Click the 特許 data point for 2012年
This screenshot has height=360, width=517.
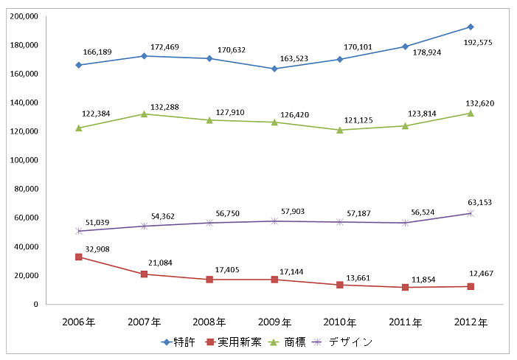(x=471, y=27)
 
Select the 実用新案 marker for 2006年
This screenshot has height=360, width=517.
(x=79, y=257)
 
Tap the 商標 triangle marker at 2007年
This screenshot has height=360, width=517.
(x=145, y=114)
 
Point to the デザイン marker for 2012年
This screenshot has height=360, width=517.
(x=471, y=213)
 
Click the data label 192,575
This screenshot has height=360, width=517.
(x=479, y=43)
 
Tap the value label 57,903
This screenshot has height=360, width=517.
(x=294, y=212)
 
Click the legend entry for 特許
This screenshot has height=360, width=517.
(x=180, y=342)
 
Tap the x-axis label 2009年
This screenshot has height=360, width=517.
(x=275, y=322)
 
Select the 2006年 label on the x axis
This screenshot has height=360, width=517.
(x=79, y=322)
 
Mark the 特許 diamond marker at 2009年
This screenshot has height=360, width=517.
(x=275, y=69)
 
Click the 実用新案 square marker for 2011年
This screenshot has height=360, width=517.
(x=405, y=287)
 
